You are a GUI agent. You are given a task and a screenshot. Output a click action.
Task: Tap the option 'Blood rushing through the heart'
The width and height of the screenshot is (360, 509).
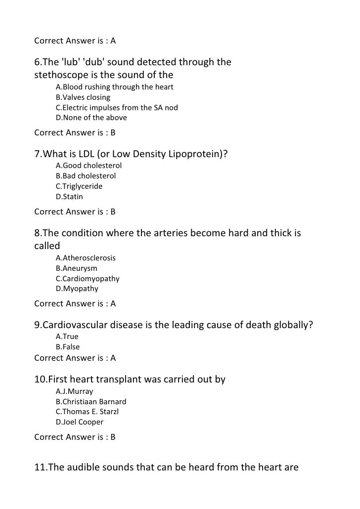114,87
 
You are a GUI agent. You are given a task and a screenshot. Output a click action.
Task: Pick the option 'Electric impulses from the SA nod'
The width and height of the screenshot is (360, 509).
117,108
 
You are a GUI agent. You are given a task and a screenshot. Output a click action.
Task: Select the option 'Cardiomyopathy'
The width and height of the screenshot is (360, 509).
88,279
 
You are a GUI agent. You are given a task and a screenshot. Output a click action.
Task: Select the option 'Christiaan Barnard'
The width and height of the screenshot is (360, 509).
91,401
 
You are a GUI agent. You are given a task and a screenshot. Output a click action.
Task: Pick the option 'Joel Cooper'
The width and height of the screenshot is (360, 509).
80,422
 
